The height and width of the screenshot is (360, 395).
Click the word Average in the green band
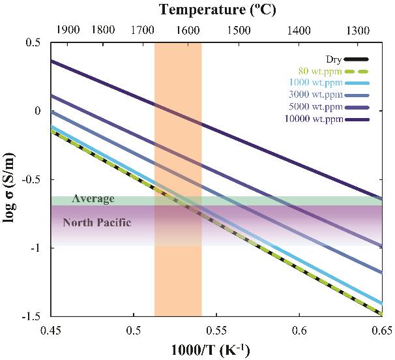click(x=94, y=199)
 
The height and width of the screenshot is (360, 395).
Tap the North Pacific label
click(x=97, y=222)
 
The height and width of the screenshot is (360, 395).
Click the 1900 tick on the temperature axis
click(x=68, y=30)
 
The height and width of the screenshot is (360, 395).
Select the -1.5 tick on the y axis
click(x=33, y=316)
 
